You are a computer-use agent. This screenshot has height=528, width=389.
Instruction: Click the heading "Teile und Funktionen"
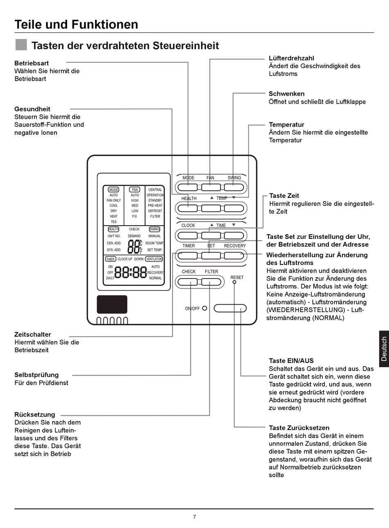76,24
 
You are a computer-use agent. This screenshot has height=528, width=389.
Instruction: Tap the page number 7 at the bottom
194,517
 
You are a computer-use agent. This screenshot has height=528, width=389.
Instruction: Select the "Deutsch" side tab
384,349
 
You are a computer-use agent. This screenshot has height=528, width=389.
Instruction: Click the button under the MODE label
188,188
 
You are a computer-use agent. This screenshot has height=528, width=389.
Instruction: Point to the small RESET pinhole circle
235,282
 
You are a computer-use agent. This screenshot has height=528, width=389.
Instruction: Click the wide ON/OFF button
230,308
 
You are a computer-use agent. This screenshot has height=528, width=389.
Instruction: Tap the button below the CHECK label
188,282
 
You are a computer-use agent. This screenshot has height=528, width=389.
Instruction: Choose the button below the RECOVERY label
234,256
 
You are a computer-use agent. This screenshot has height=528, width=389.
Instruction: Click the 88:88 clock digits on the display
130,272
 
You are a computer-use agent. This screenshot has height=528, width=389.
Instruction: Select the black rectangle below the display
112,304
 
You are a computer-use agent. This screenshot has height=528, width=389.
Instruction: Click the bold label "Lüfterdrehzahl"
291,58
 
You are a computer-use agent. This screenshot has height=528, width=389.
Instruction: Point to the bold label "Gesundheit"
32,109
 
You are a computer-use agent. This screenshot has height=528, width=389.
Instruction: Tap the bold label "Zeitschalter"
33,334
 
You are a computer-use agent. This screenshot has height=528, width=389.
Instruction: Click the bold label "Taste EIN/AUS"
291,360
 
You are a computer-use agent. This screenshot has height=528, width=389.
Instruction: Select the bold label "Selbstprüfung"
36,374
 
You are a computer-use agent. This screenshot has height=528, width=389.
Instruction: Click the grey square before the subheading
21,45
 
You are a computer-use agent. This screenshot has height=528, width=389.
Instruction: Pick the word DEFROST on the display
155,211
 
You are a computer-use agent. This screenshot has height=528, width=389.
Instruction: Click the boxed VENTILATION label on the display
154,259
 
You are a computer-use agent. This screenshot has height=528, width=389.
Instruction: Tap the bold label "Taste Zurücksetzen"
299,428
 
